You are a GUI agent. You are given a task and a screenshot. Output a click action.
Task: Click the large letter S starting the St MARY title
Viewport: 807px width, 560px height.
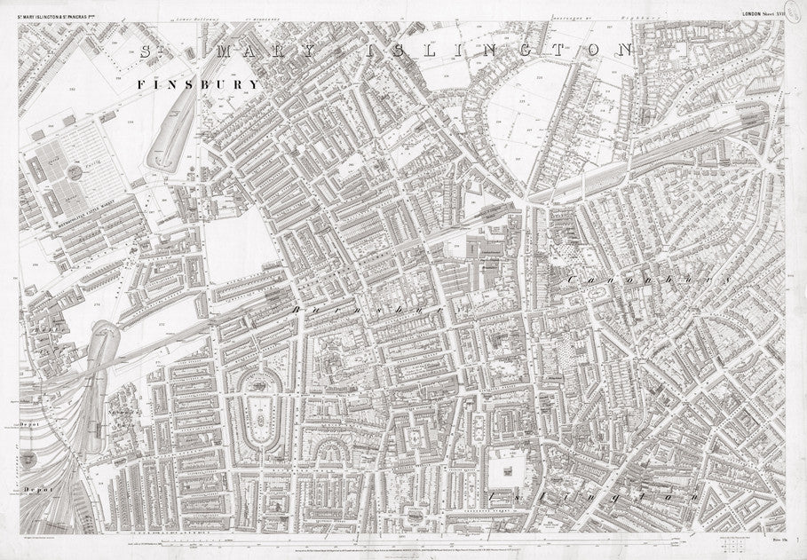click(x=147, y=51)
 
